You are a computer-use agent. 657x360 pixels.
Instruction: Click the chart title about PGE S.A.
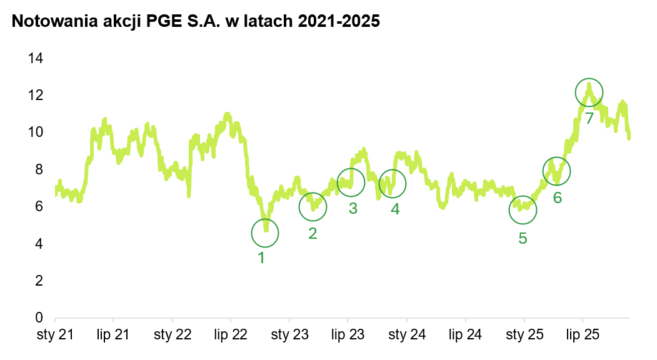(196, 21)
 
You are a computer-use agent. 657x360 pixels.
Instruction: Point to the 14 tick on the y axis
(35, 58)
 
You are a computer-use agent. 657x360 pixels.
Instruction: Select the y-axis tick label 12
(35, 95)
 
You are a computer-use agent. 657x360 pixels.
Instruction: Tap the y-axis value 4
(39, 244)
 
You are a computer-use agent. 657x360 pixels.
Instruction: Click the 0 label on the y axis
(39, 318)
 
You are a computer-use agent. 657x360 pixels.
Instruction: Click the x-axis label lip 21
(113, 335)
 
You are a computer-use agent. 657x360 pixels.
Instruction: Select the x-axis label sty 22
(172, 335)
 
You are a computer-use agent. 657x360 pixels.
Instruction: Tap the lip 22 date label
(230, 335)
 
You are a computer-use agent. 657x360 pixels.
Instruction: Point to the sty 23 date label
(289, 335)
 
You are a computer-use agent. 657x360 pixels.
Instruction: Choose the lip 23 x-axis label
(348, 335)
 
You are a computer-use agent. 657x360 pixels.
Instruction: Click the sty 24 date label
(407, 335)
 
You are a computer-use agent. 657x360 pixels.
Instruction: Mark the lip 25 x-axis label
(583, 335)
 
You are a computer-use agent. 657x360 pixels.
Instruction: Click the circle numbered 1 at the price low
(265, 233)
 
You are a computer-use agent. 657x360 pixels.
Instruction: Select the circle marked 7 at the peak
(589, 92)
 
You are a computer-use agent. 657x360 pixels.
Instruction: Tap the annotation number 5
(523, 238)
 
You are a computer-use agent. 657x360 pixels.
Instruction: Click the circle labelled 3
(351, 182)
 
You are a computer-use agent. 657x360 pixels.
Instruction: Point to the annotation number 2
(313, 234)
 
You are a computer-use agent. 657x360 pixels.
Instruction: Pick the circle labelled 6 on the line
(556, 171)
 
